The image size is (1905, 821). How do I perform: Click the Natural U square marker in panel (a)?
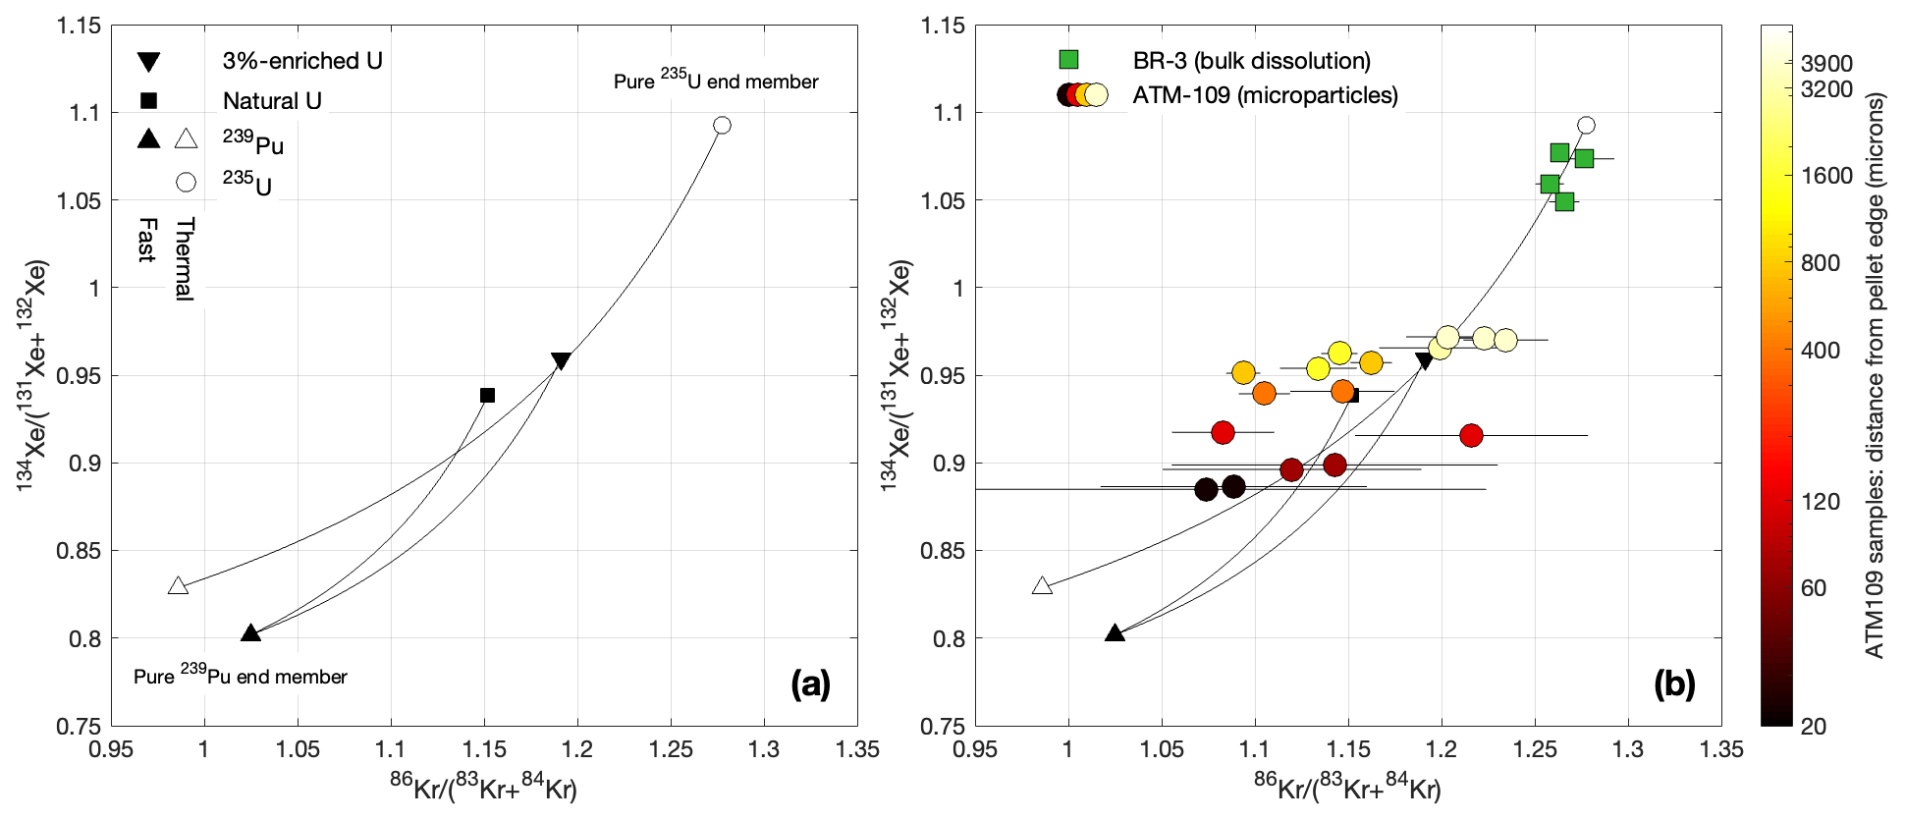(x=487, y=396)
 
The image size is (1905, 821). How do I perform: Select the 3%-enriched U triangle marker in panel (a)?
(x=561, y=360)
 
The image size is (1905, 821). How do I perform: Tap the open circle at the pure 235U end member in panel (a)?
(x=722, y=125)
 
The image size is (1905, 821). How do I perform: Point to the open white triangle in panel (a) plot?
(x=178, y=586)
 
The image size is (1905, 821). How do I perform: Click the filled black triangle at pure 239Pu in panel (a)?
(x=250, y=633)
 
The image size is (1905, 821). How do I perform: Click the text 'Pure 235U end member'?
(x=716, y=81)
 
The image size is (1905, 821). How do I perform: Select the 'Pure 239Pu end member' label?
(x=241, y=676)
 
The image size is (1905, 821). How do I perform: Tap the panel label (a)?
(x=810, y=684)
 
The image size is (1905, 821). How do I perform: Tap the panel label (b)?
(x=1674, y=684)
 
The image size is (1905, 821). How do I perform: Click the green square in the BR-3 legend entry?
(x=1068, y=60)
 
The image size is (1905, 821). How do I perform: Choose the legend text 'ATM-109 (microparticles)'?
(x=1265, y=95)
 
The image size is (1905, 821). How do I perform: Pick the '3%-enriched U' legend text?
(x=302, y=61)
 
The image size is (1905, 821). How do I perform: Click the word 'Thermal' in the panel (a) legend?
(x=185, y=259)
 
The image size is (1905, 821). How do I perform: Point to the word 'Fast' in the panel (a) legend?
(x=147, y=241)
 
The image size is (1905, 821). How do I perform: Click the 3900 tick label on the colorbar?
(x=1826, y=64)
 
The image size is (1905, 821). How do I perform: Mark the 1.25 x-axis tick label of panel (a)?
(x=671, y=750)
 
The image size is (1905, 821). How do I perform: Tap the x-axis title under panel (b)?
(x=1346, y=788)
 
